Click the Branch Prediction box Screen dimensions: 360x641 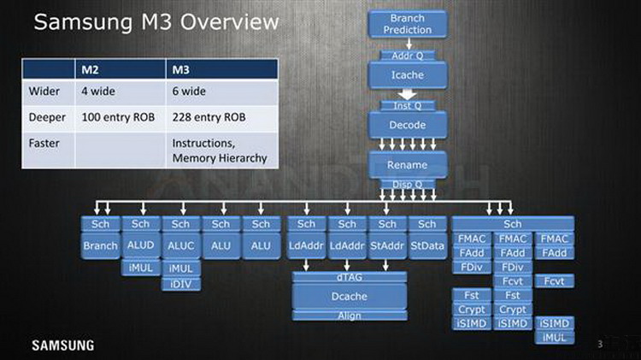click(x=407, y=24)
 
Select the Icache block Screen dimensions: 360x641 click(x=407, y=74)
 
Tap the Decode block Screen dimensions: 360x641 click(x=407, y=124)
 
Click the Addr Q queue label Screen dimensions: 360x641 click(x=407, y=56)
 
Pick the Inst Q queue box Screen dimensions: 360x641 click(x=407, y=105)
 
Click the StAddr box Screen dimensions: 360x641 click(x=387, y=244)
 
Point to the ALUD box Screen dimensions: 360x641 click(x=140, y=244)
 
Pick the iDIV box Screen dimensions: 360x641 click(x=180, y=284)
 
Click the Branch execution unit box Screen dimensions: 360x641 click(x=100, y=244)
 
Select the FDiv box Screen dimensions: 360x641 click(x=472, y=267)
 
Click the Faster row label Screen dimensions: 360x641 click(x=45, y=143)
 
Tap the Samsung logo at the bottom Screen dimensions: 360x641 click(x=62, y=345)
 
